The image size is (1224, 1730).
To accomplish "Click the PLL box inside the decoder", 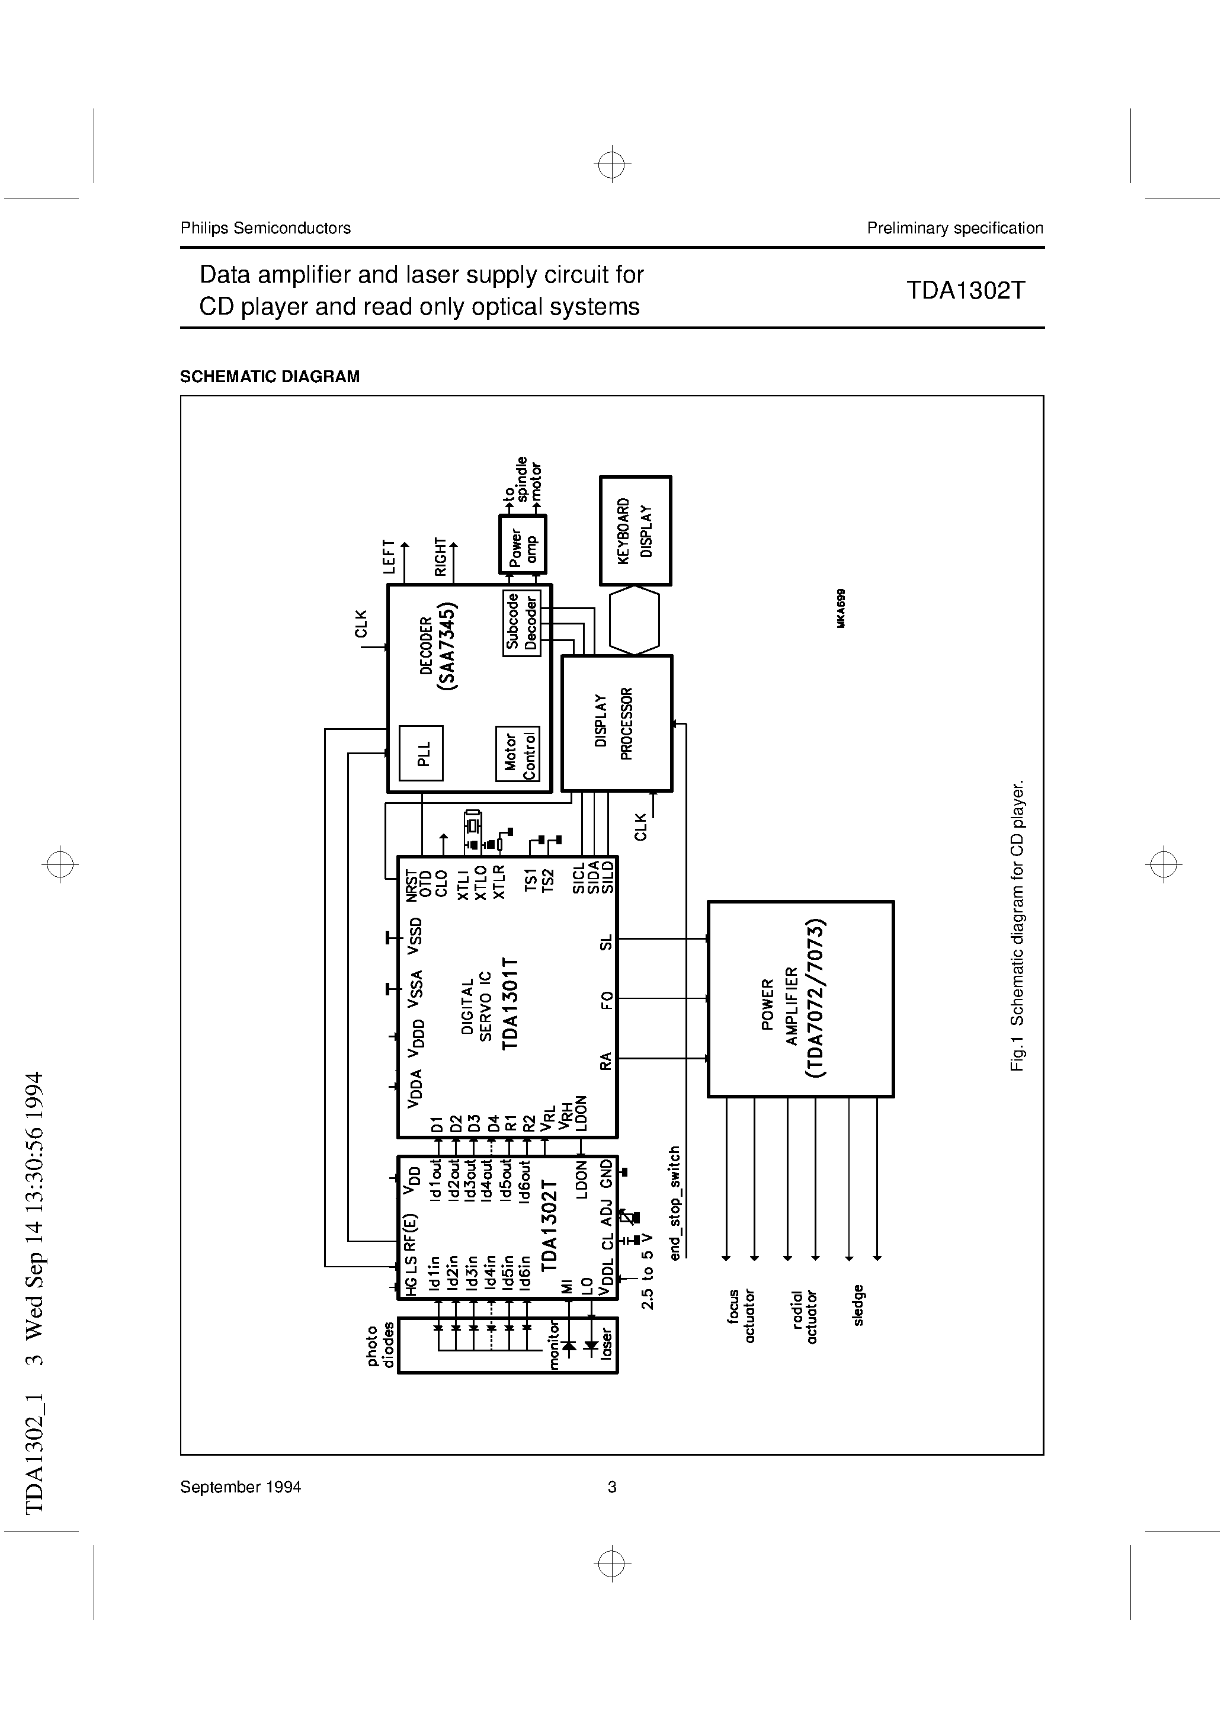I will tap(421, 753).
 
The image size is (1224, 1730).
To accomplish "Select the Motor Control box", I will tap(518, 753).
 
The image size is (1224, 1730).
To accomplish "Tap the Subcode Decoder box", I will tap(521, 622).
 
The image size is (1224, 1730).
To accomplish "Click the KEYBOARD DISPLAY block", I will tap(635, 530).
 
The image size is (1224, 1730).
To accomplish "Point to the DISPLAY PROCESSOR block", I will tap(617, 723).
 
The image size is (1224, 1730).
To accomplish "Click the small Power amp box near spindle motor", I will tap(523, 544).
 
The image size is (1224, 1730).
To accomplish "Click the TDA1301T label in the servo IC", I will tap(510, 1003).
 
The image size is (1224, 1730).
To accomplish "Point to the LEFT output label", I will tap(389, 557).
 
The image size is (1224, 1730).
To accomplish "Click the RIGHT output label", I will tap(441, 557).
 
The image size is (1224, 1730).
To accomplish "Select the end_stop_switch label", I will tap(675, 1203).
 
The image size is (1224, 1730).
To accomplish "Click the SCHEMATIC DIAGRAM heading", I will tap(270, 377).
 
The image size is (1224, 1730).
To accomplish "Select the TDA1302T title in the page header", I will tap(966, 291).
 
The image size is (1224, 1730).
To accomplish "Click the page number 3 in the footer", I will tap(612, 1486).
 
